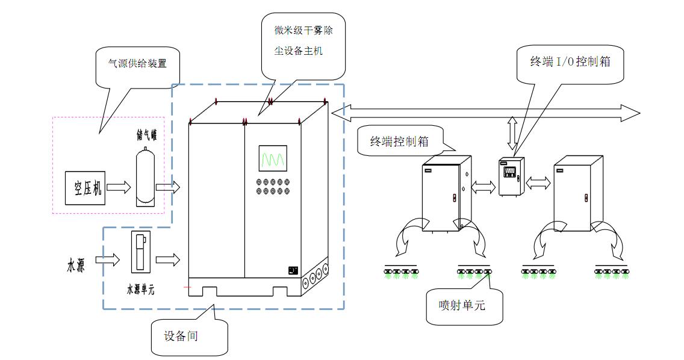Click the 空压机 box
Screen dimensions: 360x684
[85, 188]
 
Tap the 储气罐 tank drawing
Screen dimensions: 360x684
[145, 178]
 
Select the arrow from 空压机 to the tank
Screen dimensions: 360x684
[119, 188]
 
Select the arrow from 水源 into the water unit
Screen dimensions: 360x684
[108, 260]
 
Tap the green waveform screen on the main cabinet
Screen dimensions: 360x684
[273, 159]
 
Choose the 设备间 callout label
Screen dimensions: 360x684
[181, 336]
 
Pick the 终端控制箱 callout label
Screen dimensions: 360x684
[399, 142]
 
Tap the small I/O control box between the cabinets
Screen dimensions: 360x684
[510, 176]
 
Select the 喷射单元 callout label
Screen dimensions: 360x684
[462, 305]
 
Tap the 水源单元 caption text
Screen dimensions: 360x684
[140, 289]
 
